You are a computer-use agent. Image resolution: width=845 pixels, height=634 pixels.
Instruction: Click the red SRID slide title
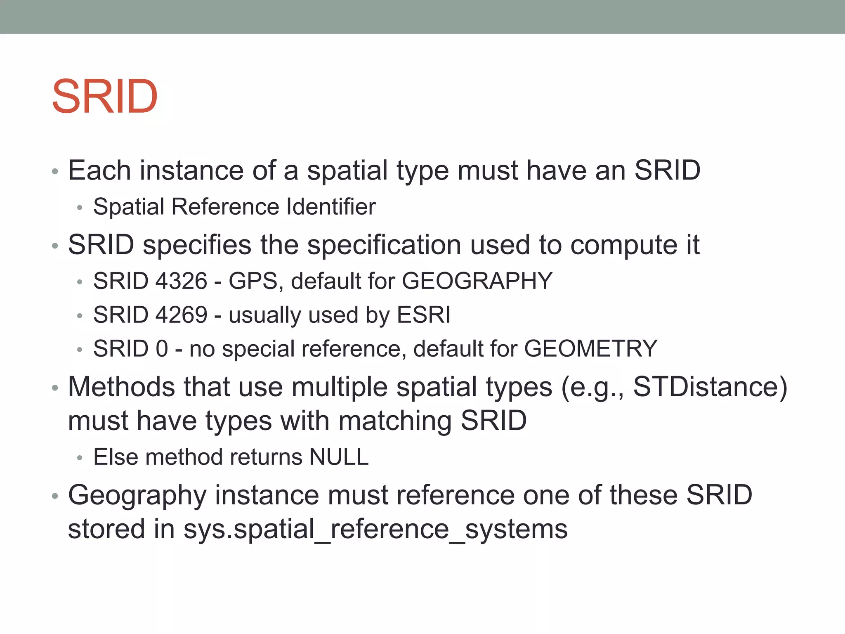click(105, 97)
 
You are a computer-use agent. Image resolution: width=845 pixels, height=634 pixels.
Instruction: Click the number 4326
click(181, 281)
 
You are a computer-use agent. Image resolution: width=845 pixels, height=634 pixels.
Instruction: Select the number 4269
click(181, 315)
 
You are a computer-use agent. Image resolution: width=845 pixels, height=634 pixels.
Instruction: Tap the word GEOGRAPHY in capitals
click(477, 281)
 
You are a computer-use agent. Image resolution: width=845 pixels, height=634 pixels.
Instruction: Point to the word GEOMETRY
click(590, 349)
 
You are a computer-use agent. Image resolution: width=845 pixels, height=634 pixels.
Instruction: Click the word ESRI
click(423, 315)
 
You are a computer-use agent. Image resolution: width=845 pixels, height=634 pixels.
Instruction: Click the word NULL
click(339, 457)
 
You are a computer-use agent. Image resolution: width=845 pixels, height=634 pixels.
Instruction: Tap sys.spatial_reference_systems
click(375, 529)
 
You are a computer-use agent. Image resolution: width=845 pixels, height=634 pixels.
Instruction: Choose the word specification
click(384, 245)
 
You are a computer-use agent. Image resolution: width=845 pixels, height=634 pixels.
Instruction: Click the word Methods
click(121, 387)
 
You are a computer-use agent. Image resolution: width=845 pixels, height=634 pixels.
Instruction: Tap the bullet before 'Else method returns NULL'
click(80, 458)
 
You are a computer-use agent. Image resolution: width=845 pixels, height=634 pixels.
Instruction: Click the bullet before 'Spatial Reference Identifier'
click(80, 207)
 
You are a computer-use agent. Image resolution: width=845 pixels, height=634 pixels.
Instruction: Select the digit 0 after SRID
click(162, 349)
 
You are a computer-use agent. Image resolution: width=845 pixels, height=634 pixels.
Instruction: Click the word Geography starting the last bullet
click(137, 495)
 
